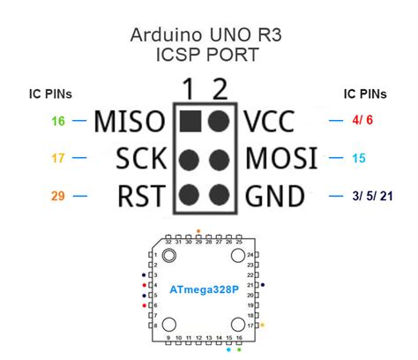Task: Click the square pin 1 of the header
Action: (188, 119)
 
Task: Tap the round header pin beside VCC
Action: (217, 119)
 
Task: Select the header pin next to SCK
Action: (188, 159)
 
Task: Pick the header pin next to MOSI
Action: (217, 159)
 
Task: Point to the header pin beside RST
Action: (188, 195)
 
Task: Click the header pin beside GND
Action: (217, 195)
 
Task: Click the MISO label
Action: (130, 120)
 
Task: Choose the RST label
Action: (139, 195)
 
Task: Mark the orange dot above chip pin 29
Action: (198, 231)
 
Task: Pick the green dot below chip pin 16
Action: (238, 350)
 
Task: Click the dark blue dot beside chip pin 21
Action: (262, 285)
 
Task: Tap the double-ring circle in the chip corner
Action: (168, 256)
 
